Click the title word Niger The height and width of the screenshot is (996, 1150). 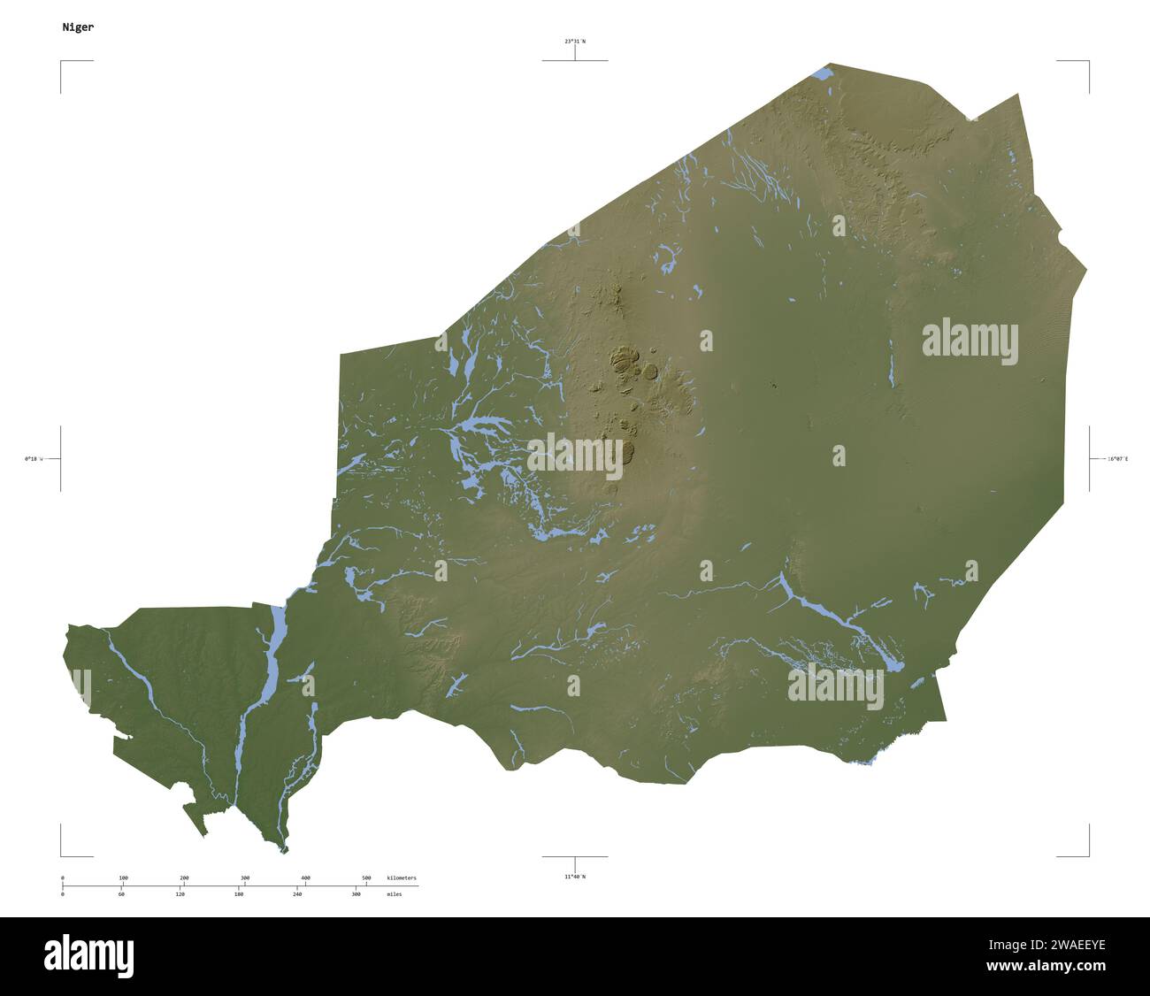point(78,27)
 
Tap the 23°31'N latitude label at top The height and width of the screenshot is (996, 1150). point(575,41)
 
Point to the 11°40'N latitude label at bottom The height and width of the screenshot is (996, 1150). point(575,877)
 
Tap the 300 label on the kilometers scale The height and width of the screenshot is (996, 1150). point(245,877)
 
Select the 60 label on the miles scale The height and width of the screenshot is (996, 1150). point(121,894)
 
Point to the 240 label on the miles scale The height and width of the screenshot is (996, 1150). point(297,894)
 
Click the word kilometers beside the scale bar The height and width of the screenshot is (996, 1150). point(402,877)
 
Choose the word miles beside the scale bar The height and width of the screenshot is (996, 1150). point(394,894)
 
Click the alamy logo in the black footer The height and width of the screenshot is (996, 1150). point(88,956)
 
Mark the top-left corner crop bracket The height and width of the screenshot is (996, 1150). point(62,62)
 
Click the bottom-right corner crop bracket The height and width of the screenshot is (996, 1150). point(1087,855)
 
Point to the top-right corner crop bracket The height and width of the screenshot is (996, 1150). point(1087,62)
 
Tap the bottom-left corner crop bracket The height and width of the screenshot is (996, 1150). point(62,855)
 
